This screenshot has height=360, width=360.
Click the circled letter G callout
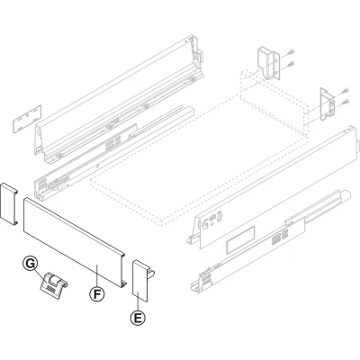31,265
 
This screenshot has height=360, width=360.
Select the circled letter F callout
97,294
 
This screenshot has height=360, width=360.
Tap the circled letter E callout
138,318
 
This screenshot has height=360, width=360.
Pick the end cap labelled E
141,281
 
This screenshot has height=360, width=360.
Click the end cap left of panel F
9,203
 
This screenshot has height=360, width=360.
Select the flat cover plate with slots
27,119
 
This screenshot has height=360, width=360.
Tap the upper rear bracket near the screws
268,62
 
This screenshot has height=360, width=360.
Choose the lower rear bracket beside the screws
328,104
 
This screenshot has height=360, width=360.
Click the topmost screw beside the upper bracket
291,53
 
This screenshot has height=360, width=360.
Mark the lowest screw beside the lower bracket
346,101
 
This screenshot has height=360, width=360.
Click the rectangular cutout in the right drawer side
240,240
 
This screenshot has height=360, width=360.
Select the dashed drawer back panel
274,99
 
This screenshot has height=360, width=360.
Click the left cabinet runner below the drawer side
114,153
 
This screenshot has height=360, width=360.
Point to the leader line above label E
138,301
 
